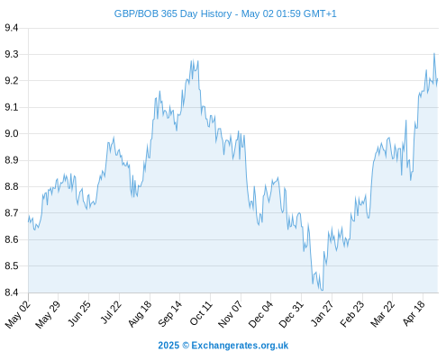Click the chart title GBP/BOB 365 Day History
(173, 13)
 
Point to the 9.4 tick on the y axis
(12, 28)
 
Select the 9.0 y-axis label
(12, 133)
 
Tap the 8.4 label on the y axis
(12, 292)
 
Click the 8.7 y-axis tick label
(12, 213)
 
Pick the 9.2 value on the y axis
(12, 81)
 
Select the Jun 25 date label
(79, 313)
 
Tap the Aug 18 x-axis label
(140, 313)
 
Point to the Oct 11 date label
(201, 313)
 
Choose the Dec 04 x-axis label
(261, 314)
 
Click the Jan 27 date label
(323, 313)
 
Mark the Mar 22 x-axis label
(382, 314)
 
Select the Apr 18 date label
(414, 313)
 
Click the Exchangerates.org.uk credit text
(240, 346)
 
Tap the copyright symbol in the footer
(186, 346)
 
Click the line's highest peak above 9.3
(434, 54)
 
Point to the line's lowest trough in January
(322, 290)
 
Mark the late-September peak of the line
(193, 60)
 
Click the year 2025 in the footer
(168, 346)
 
